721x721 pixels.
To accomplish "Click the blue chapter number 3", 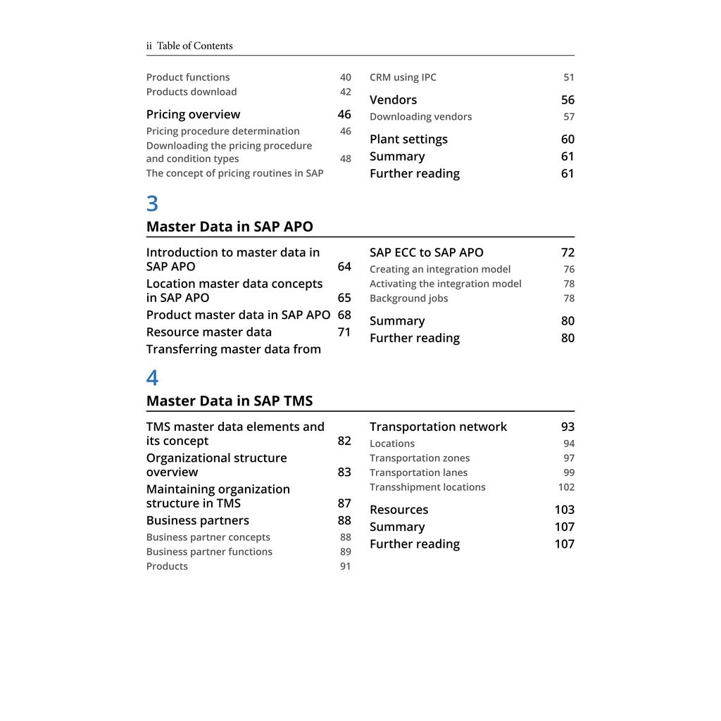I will click(x=152, y=204).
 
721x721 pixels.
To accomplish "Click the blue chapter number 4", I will click(x=152, y=378).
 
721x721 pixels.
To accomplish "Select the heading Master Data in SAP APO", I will click(x=230, y=227).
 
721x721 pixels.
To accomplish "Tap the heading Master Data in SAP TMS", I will click(x=230, y=401).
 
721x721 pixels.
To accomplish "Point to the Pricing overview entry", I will click(x=193, y=114).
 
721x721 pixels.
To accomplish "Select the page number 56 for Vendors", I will click(x=568, y=100).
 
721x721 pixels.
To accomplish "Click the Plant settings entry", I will click(x=408, y=139).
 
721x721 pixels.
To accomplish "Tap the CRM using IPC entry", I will click(x=403, y=77).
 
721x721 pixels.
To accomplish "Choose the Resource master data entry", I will click(x=208, y=332).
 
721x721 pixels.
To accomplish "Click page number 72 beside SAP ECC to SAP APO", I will click(x=568, y=253).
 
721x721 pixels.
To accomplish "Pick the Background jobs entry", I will click(x=408, y=299).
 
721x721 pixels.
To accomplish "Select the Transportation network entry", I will click(x=438, y=427).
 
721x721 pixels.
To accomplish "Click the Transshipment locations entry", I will click(x=427, y=487).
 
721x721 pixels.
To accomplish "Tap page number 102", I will click(x=566, y=487).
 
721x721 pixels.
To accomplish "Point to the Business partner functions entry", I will click(x=209, y=552).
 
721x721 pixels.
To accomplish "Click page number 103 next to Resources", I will click(x=564, y=510).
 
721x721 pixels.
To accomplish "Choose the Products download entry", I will click(x=192, y=92).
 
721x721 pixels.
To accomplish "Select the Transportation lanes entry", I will click(x=418, y=473).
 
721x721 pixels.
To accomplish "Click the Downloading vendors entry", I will click(x=420, y=117).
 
